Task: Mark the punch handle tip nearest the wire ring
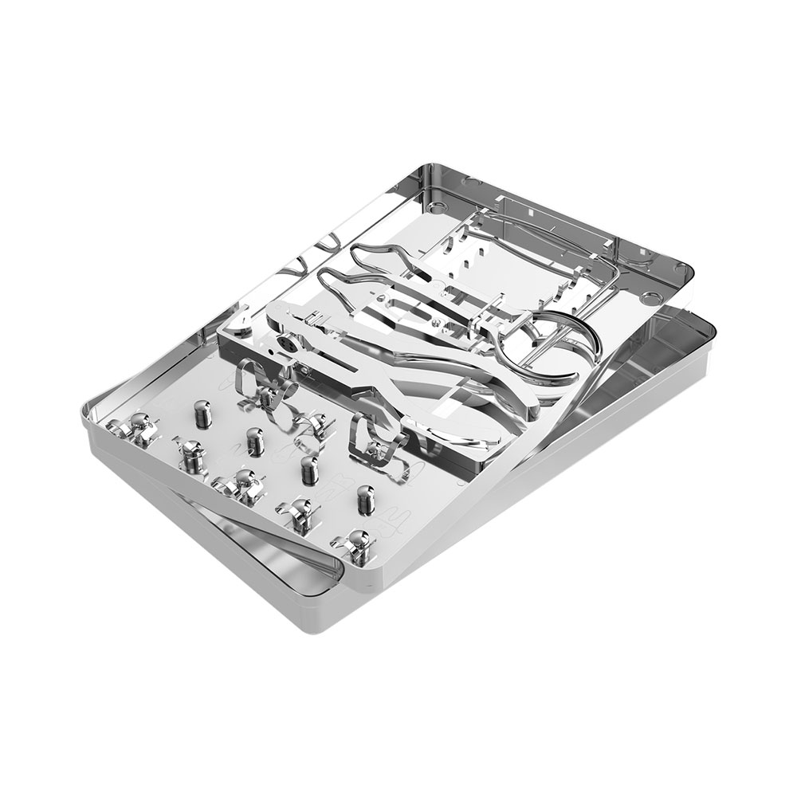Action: (550, 383)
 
